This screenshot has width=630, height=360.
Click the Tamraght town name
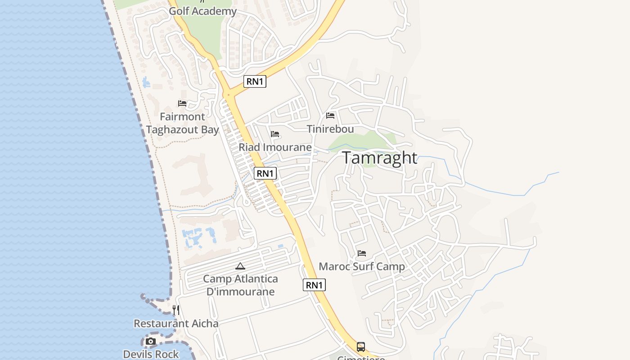pyautogui.click(x=380, y=158)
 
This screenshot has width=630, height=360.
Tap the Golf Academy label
pyautogui.click(x=202, y=11)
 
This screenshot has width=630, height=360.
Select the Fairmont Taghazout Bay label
pyautogui.click(x=182, y=123)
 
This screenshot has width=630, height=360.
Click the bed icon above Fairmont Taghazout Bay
pyautogui.click(x=182, y=103)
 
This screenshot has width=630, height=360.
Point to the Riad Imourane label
pyautogui.click(x=275, y=147)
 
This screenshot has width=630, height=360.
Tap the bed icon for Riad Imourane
pyautogui.click(x=275, y=134)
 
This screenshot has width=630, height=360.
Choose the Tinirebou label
pyautogui.click(x=330, y=129)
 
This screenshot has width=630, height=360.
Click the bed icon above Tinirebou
pyautogui.click(x=330, y=116)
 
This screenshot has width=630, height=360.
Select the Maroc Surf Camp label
pyautogui.click(x=362, y=266)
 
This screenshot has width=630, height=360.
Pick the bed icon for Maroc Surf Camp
pyautogui.click(x=362, y=253)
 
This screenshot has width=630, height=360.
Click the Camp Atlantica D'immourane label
pyautogui.click(x=240, y=285)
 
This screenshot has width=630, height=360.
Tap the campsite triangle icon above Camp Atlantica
pyautogui.click(x=240, y=266)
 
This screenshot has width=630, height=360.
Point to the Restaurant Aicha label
pyautogui.click(x=176, y=324)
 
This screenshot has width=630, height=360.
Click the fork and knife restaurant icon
pyautogui.click(x=176, y=310)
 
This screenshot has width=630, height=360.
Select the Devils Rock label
pyautogui.click(x=151, y=354)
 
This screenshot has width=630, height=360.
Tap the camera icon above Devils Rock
pyautogui.click(x=151, y=342)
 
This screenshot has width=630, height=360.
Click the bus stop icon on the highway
pyautogui.click(x=361, y=346)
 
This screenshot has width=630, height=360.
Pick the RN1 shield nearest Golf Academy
pyautogui.click(x=255, y=81)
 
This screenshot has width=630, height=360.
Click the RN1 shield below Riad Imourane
pyautogui.click(x=265, y=173)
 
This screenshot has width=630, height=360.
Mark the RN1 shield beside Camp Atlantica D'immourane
pyautogui.click(x=314, y=285)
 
